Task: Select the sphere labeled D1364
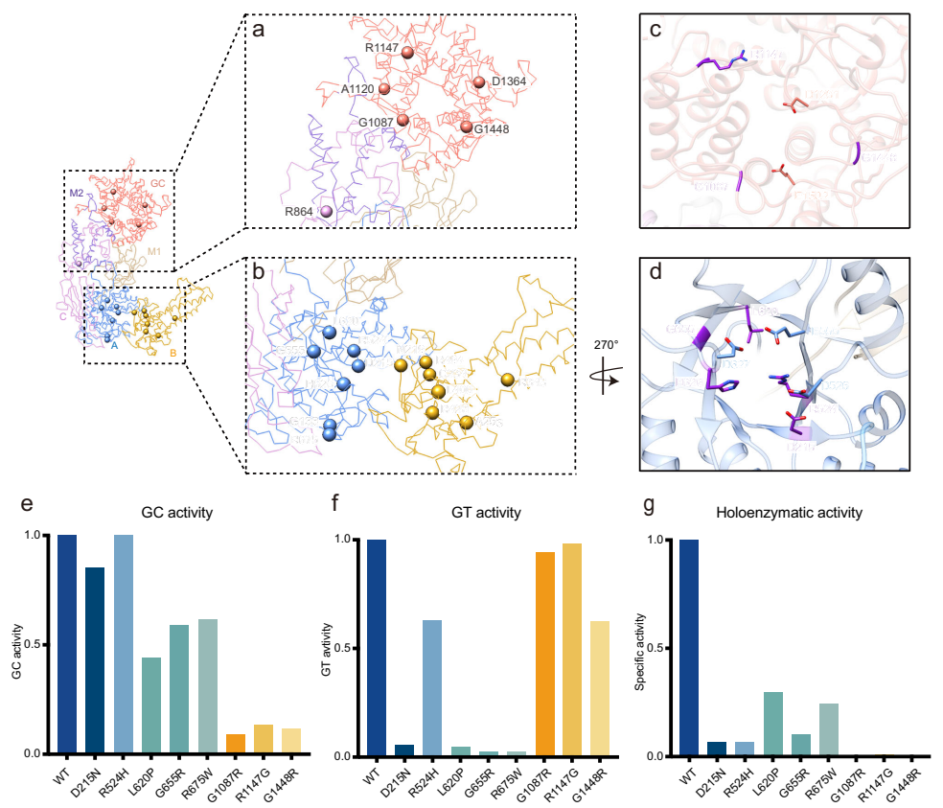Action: pos(479,83)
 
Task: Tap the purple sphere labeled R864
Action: pos(326,211)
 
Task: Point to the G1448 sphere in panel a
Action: pos(467,127)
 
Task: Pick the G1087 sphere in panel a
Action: pos(402,120)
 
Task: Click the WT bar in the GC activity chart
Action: pos(66,644)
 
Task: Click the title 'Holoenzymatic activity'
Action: pos(789,513)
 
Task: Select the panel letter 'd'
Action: pos(655,270)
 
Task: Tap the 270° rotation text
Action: pos(606,342)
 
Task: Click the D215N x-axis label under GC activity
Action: pos(93,779)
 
